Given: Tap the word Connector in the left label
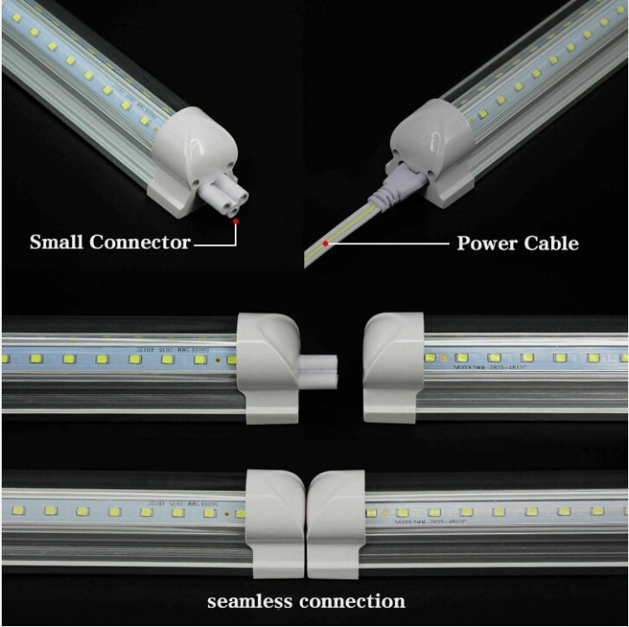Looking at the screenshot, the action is (139, 242).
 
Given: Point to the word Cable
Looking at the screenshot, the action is (550, 242).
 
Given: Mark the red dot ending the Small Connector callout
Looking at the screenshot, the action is (236, 222).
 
